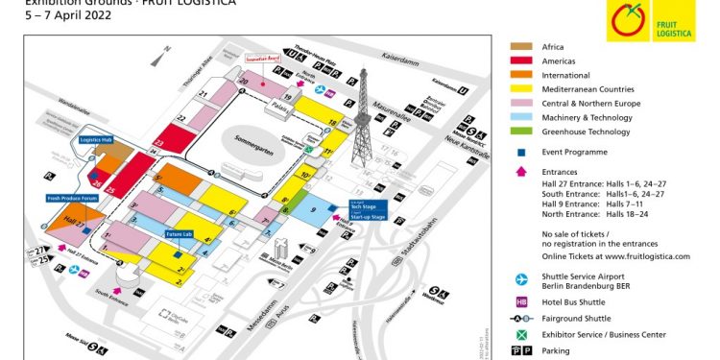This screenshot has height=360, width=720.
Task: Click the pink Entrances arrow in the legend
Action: (x=520, y=171)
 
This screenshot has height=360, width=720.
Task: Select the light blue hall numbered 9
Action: (x=314, y=210)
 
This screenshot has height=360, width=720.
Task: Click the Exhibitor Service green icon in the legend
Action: (x=520, y=333)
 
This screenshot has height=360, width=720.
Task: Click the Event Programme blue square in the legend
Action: (x=520, y=152)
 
